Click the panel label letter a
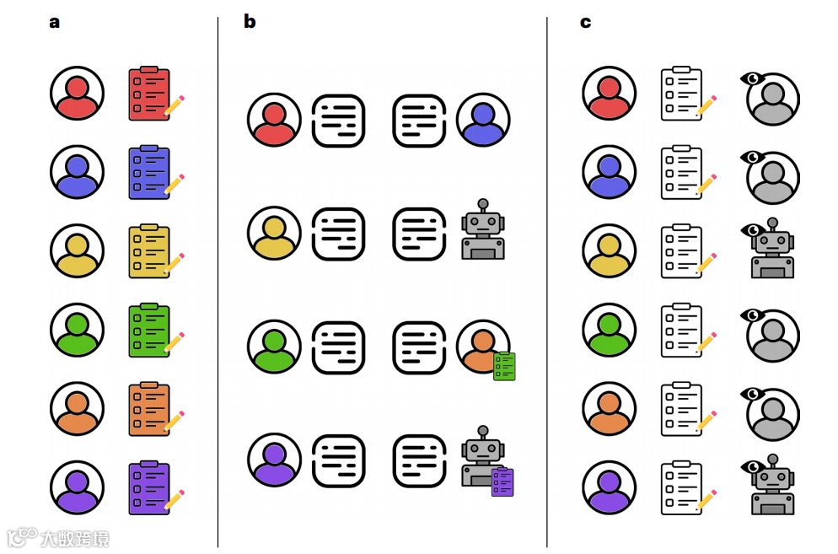(55, 22)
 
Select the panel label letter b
(250, 22)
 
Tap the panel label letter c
(585, 22)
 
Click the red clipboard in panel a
(149, 94)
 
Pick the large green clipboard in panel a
(149, 330)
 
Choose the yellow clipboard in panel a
(149, 251)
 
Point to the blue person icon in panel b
(483, 121)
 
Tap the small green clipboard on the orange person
(504, 366)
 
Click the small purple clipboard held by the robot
(502, 481)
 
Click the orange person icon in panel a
(77, 408)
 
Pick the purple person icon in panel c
(609, 487)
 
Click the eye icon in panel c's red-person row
(751, 78)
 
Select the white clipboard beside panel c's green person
(682, 330)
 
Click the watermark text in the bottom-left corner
(59, 537)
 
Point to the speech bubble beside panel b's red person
(338, 121)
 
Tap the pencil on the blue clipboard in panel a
(175, 184)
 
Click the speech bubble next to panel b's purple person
(338, 460)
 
